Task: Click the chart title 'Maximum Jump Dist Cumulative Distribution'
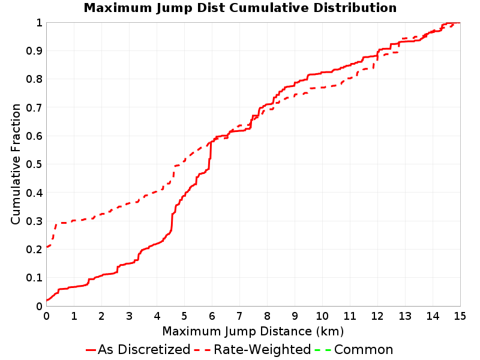(240, 8)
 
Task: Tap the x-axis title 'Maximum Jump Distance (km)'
(253, 331)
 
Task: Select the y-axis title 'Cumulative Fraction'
(16, 164)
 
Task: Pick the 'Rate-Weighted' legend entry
(253, 350)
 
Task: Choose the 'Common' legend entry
(354, 350)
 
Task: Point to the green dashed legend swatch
(323, 350)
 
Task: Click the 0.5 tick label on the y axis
(34, 164)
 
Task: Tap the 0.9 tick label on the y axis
(34, 51)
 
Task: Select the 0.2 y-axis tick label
(34, 250)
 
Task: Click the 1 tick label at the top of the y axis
(39, 23)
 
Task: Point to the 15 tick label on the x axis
(460, 316)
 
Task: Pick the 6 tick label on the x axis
(212, 316)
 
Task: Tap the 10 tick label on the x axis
(322, 316)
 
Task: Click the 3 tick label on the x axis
(129, 316)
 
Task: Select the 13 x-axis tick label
(404, 316)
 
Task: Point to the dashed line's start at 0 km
(47, 247)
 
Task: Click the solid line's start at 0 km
(47, 301)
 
